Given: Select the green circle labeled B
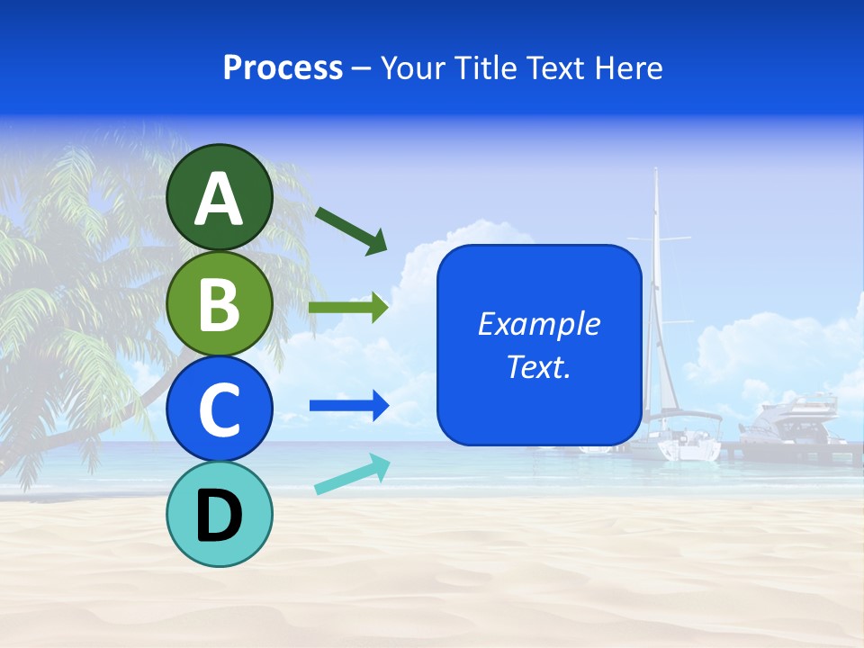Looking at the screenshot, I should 220,304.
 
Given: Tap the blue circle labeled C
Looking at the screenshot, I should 220,409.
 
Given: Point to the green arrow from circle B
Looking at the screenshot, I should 348,308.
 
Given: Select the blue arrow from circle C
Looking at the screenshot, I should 348,406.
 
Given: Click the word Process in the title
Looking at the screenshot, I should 283,68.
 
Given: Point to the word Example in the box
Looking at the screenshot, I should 538,324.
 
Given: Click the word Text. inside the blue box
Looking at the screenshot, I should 538,367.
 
